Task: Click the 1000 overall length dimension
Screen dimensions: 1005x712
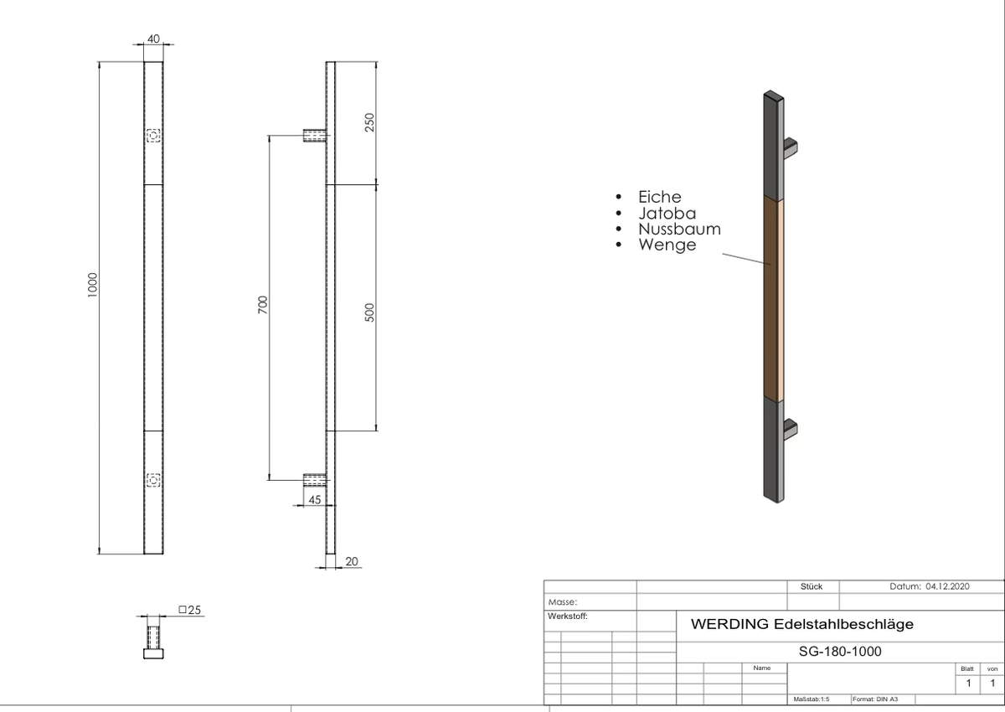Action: coord(92,285)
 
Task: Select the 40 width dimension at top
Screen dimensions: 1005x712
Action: coord(153,39)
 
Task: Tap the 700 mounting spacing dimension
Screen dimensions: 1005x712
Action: coord(262,305)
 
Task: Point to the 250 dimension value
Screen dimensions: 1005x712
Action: coord(369,122)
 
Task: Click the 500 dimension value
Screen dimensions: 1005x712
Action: coord(369,312)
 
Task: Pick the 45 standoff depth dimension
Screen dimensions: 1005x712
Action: coord(315,500)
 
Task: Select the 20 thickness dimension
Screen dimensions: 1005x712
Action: coord(352,561)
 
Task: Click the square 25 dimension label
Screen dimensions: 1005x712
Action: coord(190,610)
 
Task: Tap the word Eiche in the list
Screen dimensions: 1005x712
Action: coord(660,197)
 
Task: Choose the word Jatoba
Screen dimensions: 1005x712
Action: coord(667,213)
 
